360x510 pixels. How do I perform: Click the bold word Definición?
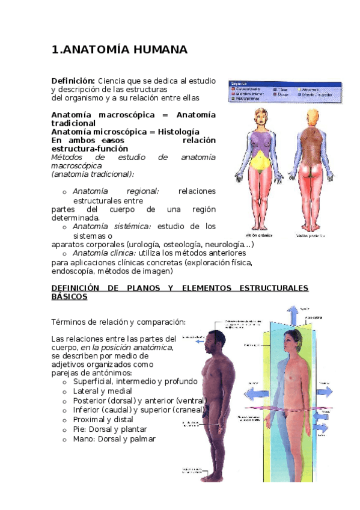click(x=73, y=81)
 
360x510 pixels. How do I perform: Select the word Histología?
click(x=178, y=132)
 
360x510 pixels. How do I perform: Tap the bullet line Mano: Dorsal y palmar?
click(x=114, y=439)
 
